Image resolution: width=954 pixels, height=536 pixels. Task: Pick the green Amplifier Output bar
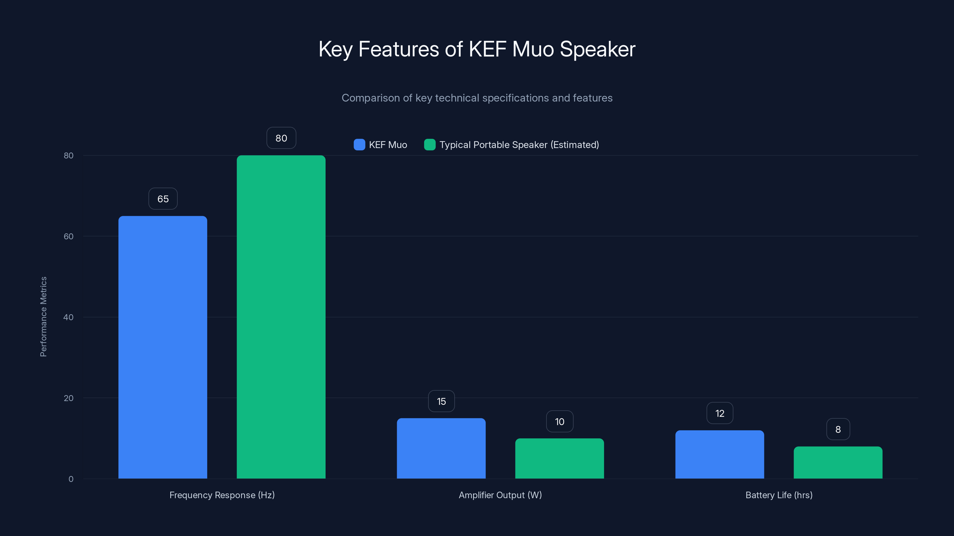(559, 458)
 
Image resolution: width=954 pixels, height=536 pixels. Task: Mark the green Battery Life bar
(838, 462)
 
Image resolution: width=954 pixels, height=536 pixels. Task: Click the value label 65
(163, 199)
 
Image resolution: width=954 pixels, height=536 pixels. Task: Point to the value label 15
(441, 401)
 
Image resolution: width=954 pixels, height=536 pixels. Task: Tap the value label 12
(720, 413)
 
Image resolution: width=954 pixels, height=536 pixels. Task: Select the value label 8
(838, 429)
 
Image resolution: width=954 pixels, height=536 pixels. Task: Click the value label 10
(560, 422)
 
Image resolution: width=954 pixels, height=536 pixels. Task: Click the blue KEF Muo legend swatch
(359, 145)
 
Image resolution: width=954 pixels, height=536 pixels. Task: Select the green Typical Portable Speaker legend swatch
(430, 145)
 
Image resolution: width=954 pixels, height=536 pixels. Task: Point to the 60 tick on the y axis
(69, 236)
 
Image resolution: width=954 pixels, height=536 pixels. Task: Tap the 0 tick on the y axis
(71, 479)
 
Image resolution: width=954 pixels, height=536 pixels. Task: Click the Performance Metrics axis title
(43, 317)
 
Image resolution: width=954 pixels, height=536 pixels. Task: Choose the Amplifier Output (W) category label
(500, 495)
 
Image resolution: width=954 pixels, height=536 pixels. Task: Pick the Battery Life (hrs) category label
(779, 495)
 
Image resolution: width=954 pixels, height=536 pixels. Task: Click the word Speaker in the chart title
(597, 49)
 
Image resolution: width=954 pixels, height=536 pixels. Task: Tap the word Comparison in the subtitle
(370, 98)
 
